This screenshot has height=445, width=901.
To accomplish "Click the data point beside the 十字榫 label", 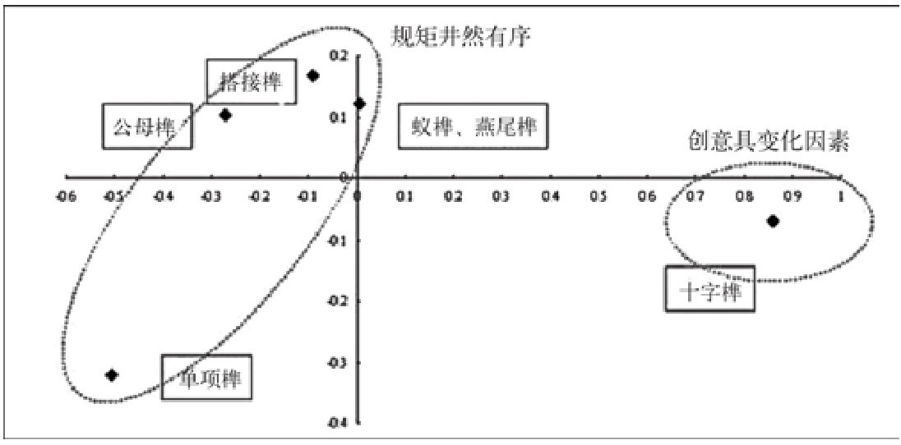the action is pos(772,221).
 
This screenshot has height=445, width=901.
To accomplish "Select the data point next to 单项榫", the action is pos(113,375).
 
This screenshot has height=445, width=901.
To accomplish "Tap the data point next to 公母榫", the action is pos(225,115).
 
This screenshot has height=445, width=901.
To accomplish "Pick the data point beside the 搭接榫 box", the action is pos(312,76).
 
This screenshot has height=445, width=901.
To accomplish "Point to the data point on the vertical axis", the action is pos(359,103).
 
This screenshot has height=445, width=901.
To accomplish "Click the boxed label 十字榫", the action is pos(709,290).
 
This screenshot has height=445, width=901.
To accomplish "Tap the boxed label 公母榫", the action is pos(147,126).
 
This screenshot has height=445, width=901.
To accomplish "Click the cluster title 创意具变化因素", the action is pos(768,140).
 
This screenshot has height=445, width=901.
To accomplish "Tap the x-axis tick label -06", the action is pos(67,197).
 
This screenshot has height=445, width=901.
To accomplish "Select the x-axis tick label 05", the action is pos(598,197).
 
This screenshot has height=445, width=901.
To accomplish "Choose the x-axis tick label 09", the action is pos(792,197).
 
